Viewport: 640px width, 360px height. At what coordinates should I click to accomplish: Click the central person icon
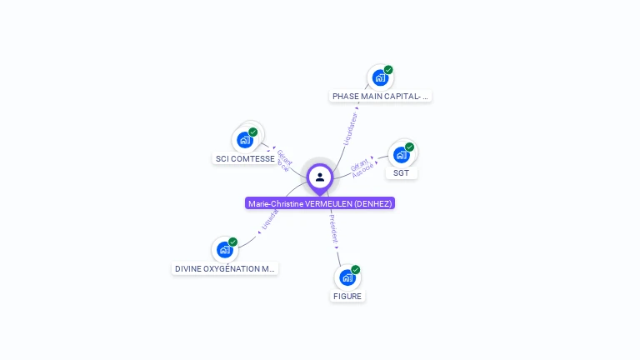coord(320,177)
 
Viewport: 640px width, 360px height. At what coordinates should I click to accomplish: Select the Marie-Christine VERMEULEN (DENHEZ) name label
coord(320,203)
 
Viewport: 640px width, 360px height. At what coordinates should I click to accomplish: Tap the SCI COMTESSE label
coord(245,158)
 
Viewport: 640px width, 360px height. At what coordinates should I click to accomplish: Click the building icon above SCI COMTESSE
coord(246,139)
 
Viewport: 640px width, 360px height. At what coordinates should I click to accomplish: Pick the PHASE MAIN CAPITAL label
coord(380,96)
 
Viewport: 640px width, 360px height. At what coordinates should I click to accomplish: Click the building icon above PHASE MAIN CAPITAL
coord(381,77)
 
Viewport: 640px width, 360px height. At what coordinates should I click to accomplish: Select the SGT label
coord(401,172)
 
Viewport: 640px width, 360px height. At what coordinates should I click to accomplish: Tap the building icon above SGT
coord(402,154)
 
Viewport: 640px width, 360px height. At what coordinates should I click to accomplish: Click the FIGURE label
coord(347,296)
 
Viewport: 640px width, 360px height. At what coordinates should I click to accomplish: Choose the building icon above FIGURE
coord(347,277)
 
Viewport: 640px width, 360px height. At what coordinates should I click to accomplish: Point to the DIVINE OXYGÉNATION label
coord(225,268)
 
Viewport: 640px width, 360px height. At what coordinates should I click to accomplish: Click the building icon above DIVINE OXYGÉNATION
coord(225,249)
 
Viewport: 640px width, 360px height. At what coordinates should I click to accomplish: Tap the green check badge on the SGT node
coord(409,147)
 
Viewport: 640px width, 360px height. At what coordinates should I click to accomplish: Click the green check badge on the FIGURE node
coord(356,269)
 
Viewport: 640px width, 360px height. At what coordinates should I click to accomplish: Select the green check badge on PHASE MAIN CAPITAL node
coord(388,70)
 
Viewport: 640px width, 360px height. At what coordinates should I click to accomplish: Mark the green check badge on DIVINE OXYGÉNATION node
coord(232,242)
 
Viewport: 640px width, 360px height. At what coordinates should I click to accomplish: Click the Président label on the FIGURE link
coord(333,228)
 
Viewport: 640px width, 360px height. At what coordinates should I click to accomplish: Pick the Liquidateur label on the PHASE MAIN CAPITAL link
coord(350,129)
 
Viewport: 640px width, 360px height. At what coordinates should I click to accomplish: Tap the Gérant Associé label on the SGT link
coord(362,167)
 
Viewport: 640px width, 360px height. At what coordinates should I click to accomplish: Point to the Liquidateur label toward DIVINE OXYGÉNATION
coord(268,219)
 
